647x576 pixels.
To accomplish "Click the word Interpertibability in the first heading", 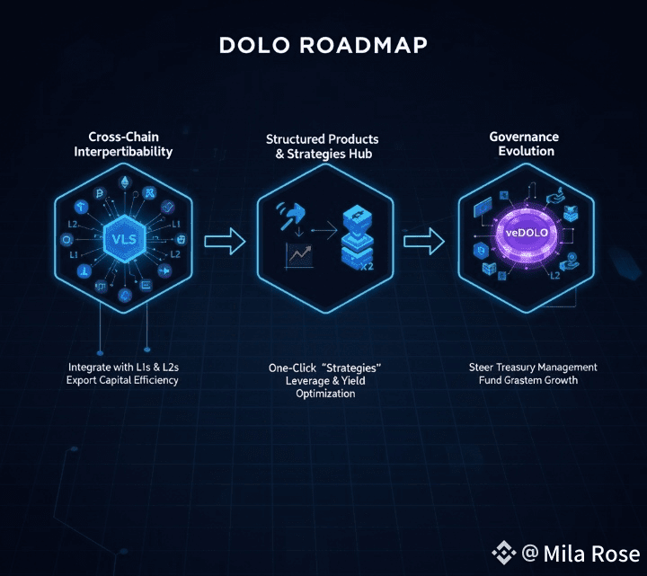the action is click(x=123, y=151).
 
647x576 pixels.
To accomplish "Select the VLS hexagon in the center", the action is click(x=122, y=239).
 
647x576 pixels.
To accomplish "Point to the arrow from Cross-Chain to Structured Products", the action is click(x=225, y=240).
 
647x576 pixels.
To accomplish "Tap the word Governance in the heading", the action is click(x=524, y=137).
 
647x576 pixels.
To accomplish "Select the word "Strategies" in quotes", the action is click(x=350, y=368).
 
